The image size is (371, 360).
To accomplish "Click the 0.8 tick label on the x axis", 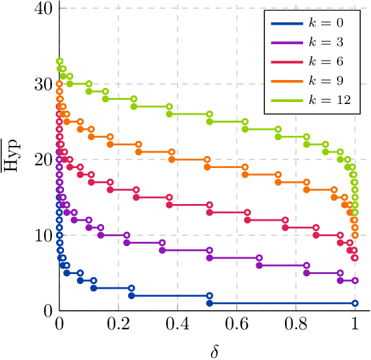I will click(x=296, y=325).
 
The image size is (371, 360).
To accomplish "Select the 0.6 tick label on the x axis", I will click(x=236, y=325).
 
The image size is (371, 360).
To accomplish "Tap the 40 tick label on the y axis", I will click(x=43, y=9).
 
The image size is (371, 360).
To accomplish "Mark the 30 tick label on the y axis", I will click(x=43, y=85).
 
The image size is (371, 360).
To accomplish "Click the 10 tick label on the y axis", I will click(x=43, y=235).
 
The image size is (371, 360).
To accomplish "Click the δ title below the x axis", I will click(x=214, y=351).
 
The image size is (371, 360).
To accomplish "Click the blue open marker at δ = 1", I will click(x=355, y=303).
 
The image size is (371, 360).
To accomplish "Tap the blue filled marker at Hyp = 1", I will click(x=210, y=303).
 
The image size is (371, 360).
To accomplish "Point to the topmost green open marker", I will click(x=59, y=61).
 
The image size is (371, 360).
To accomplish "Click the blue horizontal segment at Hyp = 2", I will click(x=170, y=295).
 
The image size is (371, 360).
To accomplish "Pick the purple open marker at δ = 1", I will click(x=355, y=281).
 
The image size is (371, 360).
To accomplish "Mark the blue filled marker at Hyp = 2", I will click(x=131, y=295).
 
